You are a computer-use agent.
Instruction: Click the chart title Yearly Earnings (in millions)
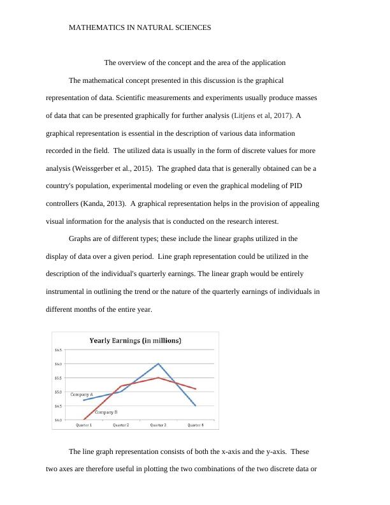pyautogui.click(x=134, y=340)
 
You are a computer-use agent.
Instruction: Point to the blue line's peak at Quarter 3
pyautogui.click(x=158, y=363)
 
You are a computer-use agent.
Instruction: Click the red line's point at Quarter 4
pyautogui.click(x=195, y=389)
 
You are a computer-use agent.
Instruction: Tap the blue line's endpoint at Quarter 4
pyautogui.click(x=195, y=406)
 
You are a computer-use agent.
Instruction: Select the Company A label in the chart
pyautogui.click(x=82, y=394)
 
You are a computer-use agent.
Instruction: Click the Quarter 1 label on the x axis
pyautogui.click(x=84, y=425)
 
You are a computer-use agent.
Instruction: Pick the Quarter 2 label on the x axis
pyautogui.click(x=121, y=425)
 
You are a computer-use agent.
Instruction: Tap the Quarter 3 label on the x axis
pyautogui.click(x=158, y=425)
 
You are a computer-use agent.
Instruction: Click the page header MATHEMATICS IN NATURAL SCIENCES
pyautogui.click(x=140, y=28)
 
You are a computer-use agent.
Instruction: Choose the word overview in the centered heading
pyautogui.click(x=136, y=63)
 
